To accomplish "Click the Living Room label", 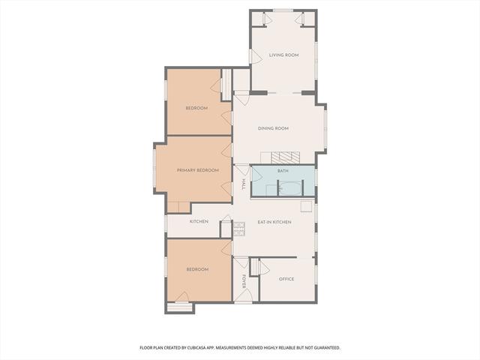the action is (x=283, y=55).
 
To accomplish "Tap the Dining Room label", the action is (x=273, y=128).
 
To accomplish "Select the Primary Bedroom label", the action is (x=198, y=170).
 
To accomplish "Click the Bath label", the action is (x=283, y=171).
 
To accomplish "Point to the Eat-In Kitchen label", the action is (x=274, y=222).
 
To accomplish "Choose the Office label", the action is (x=286, y=279).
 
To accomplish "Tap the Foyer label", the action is (x=244, y=281).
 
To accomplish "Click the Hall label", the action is (x=244, y=184).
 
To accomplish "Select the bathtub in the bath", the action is (x=290, y=188).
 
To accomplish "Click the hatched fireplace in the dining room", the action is (x=285, y=157).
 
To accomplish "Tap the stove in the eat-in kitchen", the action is (x=239, y=229).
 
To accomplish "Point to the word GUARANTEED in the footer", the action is (x=328, y=348).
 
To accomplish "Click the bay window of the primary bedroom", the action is (x=154, y=168).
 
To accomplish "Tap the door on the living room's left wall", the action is (x=255, y=57).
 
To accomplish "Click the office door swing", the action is (x=264, y=268).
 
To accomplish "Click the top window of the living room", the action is (x=283, y=10).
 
